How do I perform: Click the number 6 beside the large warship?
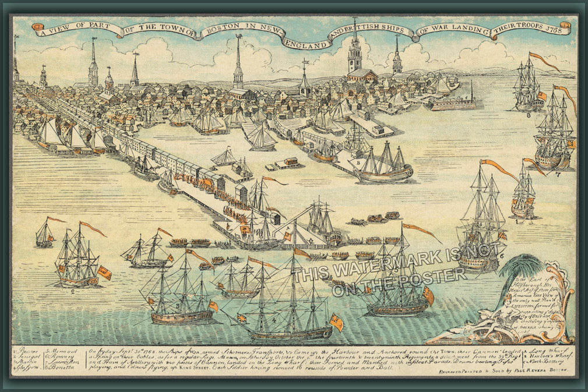click(501, 255)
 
